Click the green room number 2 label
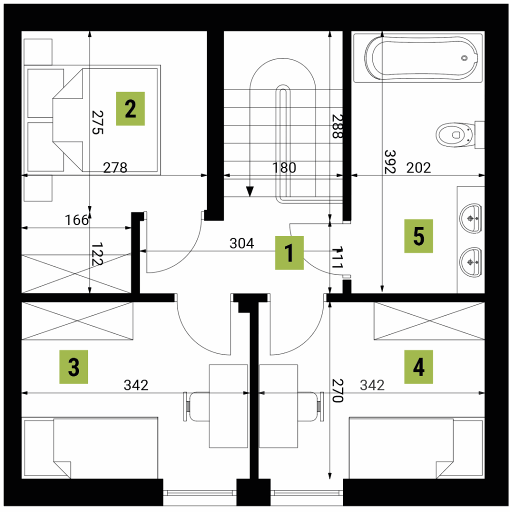click(130, 108)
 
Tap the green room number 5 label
click(418, 236)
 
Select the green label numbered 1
click(289, 252)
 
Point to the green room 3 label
click(73, 367)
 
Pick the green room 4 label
click(418, 367)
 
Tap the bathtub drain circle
click(464, 58)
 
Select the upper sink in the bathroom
click(470, 218)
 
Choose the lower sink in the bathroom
click(470, 262)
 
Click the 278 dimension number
click(115, 168)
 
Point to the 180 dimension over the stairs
click(284, 168)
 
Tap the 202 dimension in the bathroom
click(418, 168)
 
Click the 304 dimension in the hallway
click(241, 243)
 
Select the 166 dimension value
click(76, 220)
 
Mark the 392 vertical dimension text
click(390, 161)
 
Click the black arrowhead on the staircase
click(250, 191)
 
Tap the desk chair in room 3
click(196, 406)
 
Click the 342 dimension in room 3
click(136, 385)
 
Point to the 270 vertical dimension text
click(337, 390)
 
